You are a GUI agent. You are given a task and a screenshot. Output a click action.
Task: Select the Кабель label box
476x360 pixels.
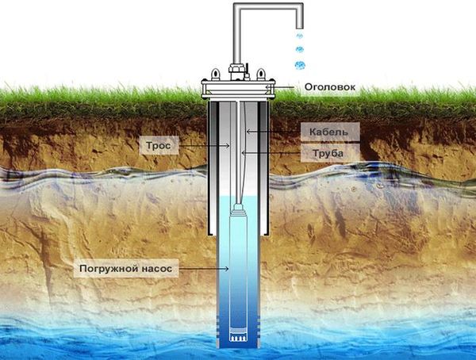[328, 129]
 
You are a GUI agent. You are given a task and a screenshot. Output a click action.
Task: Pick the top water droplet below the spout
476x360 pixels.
[299, 36]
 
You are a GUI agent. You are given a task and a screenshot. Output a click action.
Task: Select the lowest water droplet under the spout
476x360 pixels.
[300, 65]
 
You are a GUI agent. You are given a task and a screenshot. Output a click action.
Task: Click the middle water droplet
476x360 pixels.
[299, 51]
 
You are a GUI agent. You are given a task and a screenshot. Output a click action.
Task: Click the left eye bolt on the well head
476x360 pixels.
[216, 72]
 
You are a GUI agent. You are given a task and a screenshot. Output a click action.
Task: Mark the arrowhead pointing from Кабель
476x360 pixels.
[248, 129]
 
